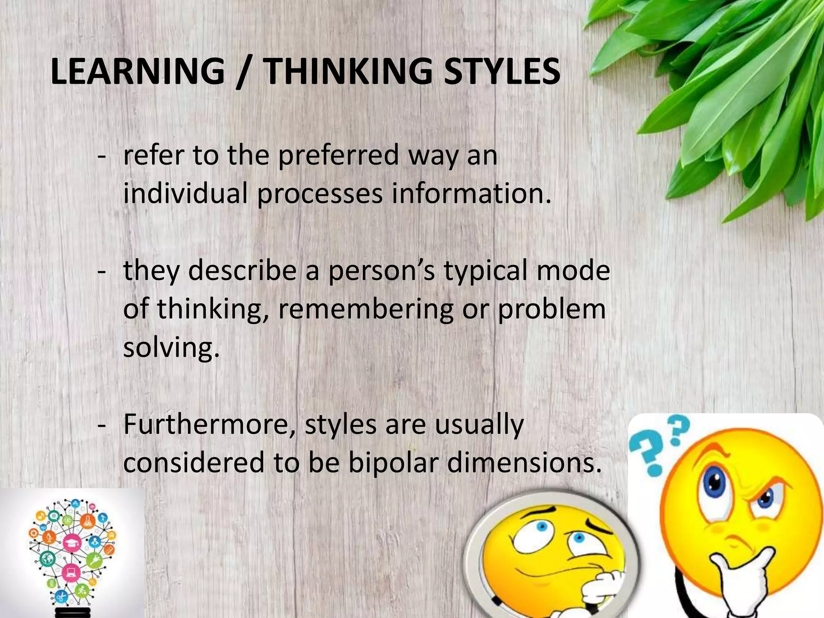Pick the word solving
tap(171, 347)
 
